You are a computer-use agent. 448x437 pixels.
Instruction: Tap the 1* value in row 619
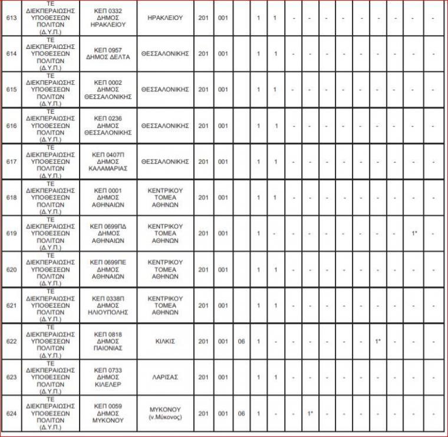pos(415,234)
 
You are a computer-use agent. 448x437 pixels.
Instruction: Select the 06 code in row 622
pos(241,341)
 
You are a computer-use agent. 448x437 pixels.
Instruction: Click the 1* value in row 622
pos(377,341)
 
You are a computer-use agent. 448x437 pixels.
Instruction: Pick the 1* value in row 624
pos(309,413)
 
